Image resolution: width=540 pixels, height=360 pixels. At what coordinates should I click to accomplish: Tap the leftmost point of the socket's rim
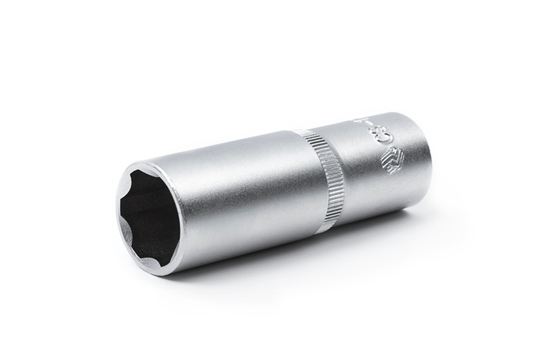tap(117, 216)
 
